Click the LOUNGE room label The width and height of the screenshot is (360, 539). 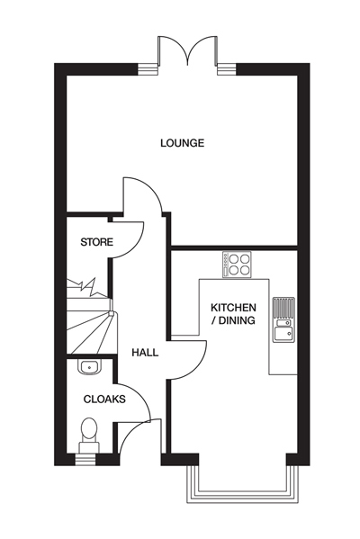[182, 143]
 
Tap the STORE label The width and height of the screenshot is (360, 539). [96, 242]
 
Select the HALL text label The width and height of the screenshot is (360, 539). [145, 353]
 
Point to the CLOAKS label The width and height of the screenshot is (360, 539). [104, 400]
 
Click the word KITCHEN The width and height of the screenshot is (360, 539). [233, 307]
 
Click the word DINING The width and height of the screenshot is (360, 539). [237, 320]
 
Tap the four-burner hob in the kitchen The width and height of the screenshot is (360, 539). [237, 265]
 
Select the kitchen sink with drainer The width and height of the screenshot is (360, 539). [283, 319]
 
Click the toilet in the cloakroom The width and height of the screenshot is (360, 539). [89, 436]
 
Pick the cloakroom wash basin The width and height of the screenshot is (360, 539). [89, 367]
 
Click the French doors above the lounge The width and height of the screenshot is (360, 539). [187, 50]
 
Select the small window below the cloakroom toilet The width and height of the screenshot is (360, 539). [85, 460]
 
